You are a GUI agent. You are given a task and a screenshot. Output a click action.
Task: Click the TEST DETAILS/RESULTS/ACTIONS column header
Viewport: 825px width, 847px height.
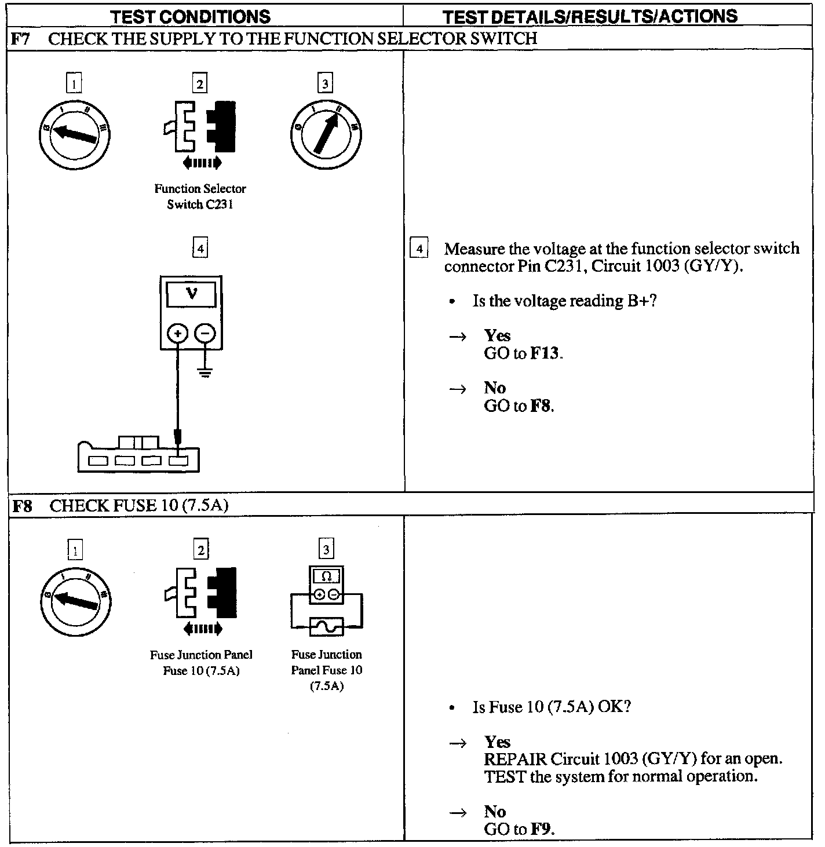[x=590, y=16]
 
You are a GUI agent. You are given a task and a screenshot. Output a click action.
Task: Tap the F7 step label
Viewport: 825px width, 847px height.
[x=20, y=39]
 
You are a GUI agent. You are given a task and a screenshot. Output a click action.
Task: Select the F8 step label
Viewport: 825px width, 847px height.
[x=21, y=506]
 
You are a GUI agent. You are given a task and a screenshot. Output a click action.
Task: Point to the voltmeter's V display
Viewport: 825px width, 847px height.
[x=191, y=294]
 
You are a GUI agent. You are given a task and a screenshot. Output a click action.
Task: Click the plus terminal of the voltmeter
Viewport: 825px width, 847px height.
[x=177, y=333]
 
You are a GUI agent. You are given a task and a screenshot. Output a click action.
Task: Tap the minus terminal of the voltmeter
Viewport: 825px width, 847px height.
[x=204, y=333]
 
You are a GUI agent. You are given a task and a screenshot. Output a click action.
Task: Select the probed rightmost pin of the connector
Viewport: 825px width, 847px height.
[x=178, y=461]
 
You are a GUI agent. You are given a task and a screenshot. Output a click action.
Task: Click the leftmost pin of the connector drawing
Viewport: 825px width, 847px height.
[x=98, y=461]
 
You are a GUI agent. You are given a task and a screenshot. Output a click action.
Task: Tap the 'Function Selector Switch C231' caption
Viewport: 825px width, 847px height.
[x=200, y=196]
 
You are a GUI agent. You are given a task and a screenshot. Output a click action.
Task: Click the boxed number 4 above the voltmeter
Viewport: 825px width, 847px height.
[x=200, y=249]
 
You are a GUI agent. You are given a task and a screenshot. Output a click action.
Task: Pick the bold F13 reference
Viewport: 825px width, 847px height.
[x=545, y=353]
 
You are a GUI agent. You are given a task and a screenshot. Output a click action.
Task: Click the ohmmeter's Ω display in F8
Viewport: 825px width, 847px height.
[x=326, y=576]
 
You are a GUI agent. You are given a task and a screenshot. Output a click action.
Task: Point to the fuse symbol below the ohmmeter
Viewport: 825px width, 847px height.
[x=327, y=627]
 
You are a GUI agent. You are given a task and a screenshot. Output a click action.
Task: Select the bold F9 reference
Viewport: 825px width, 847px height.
[x=541, y=829]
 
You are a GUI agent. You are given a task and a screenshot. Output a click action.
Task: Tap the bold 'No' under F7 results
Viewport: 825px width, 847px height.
[x=495, y=388]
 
